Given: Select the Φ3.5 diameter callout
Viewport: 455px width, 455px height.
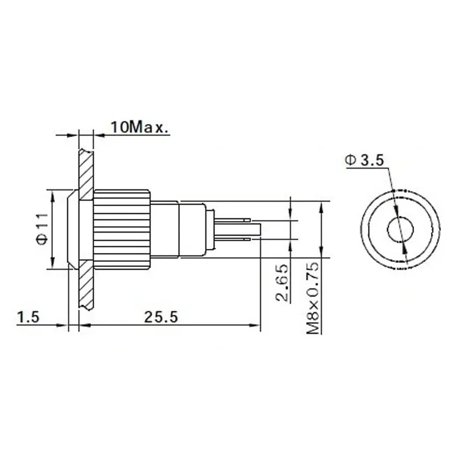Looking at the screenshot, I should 364,161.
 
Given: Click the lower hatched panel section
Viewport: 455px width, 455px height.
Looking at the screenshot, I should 86,287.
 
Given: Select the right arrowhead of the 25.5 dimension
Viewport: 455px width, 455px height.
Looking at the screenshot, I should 256,325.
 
